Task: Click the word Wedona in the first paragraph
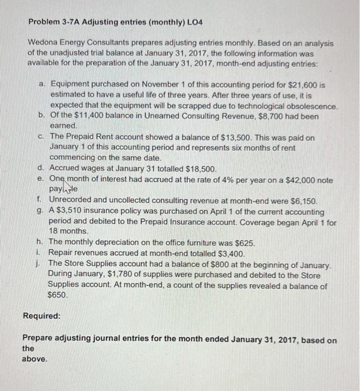pos(42,43)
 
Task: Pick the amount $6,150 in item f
pos(302,201)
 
